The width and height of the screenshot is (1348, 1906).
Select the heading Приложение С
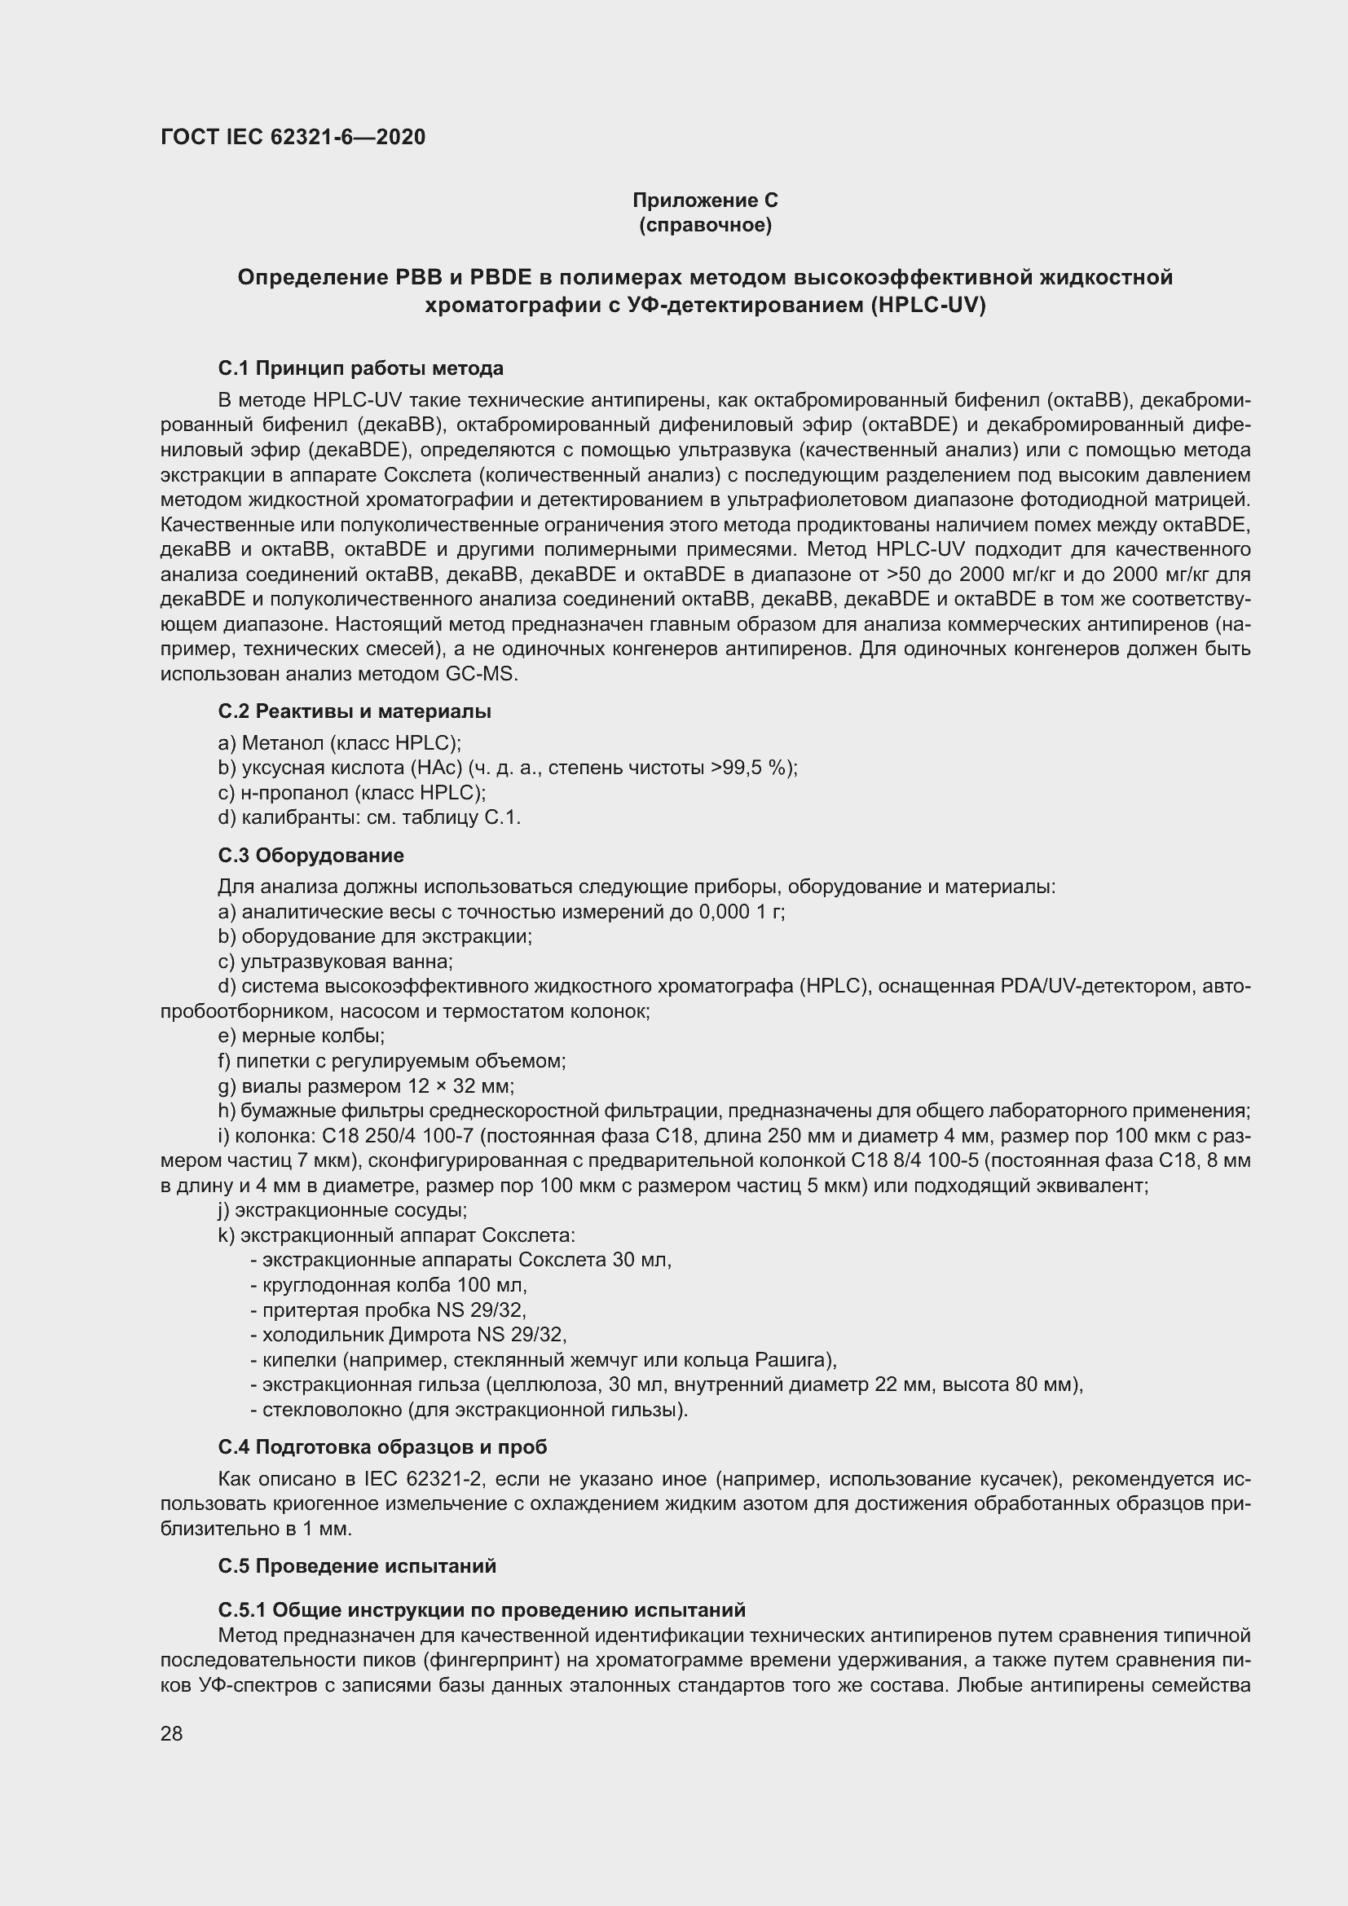coord(705,200)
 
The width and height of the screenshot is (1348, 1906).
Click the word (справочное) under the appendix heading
coord(705,225)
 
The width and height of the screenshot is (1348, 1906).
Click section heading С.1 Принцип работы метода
coord(360,368)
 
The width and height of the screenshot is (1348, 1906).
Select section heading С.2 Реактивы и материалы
coord(355,711)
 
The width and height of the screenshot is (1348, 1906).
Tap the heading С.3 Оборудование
coord(311,855)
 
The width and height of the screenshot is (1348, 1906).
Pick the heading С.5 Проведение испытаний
coord(357,1565)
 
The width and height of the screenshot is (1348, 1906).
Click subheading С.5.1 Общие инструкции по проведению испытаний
coord(482,1609)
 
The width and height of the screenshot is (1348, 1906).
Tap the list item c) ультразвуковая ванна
coord(335,962)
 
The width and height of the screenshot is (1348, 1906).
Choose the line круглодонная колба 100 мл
coord(389,1285)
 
